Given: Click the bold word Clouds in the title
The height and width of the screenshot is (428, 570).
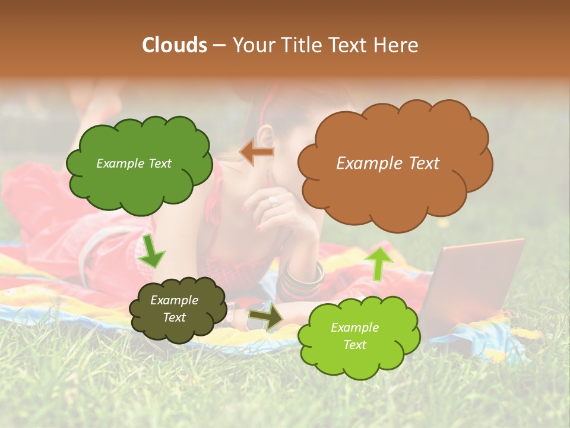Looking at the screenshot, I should (x=175, y=45).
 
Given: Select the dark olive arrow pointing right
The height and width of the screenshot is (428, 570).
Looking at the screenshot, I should (x=265, y=317).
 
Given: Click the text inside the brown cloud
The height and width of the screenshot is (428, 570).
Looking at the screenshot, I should (x=388, y=163).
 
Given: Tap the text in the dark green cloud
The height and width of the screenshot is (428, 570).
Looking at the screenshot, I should (x=134, y=163).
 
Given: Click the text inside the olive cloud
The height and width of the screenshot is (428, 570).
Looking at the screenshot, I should (x=174, y=309).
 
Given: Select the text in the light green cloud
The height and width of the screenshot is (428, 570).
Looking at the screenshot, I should (x=354, y=336).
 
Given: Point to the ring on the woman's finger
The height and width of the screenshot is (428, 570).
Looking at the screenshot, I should (x=273, y=201).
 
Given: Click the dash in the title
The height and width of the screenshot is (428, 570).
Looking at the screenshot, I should (x=218, y=45).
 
